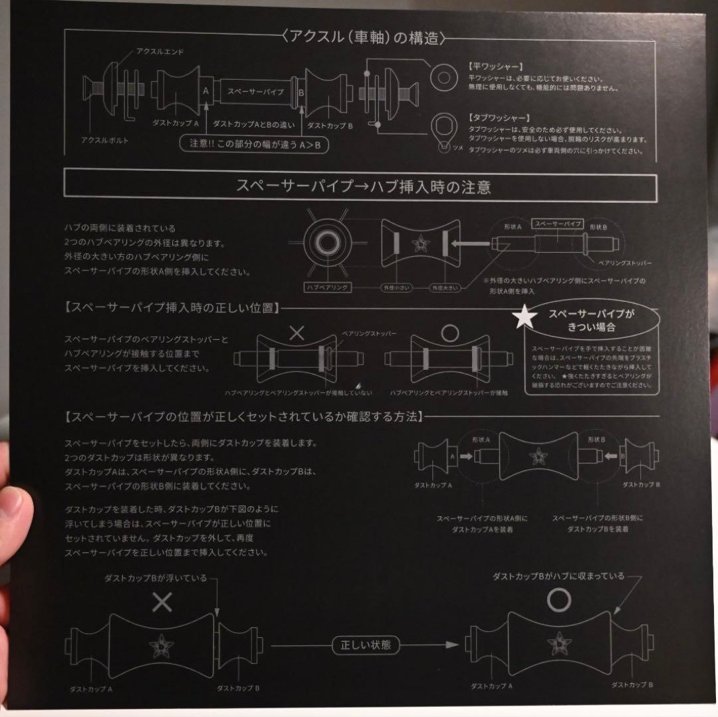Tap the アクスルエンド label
[x=160, y=51]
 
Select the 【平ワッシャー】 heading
[x=495, y=67]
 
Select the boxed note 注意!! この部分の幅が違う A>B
[x=255, y=144]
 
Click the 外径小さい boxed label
[x=393, y=288]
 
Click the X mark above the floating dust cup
[x=162, y=603]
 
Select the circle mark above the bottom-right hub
[x=559, y=601]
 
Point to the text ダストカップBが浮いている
[x=156, y=578]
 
